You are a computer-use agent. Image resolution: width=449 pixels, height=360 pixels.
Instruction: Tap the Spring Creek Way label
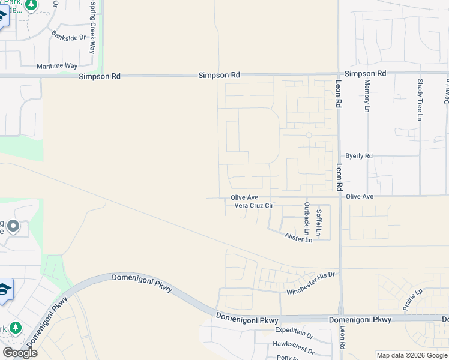click(93, 27)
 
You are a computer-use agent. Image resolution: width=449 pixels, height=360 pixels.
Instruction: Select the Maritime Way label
click(57, 66)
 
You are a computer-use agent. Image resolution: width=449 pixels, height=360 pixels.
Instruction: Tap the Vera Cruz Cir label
click(253, 206)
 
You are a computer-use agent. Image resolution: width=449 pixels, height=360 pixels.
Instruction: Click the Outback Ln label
click(307, 219)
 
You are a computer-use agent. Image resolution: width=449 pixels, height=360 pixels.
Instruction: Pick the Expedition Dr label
click(294, 331)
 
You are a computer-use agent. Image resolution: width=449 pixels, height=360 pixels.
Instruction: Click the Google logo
click(20, 353)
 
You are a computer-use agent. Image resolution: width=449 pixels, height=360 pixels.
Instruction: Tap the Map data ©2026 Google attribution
click(411, 355)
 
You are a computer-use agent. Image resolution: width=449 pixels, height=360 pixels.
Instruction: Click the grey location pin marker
click(13, 227)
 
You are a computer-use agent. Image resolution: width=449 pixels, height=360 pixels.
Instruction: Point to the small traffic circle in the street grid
click(309, 136)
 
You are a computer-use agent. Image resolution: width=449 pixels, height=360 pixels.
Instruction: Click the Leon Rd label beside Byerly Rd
click(339, 178)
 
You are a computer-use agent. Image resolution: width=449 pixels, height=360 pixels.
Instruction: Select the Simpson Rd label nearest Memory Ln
click(365, 73)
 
